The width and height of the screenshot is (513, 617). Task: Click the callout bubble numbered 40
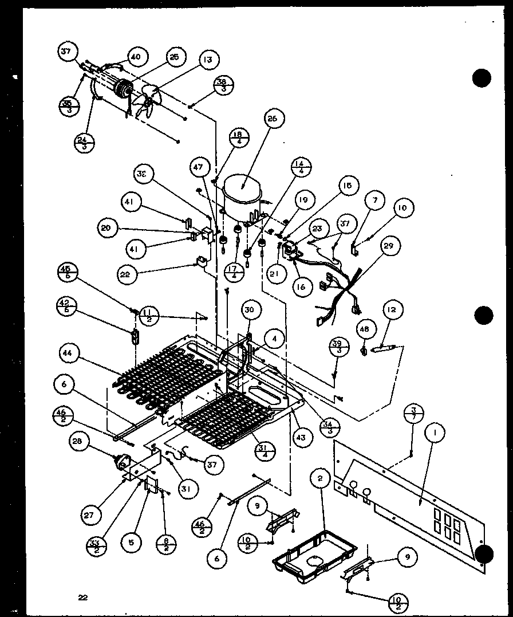pyautogui.click(x=135, y=57)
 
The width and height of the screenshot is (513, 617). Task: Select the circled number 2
pyautogui.click(x=321, y=478)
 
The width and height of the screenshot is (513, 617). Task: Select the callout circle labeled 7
pyautogui.click(x=376, y=201)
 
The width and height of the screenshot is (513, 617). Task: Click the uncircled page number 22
pyautogui.click(x=83, y=598)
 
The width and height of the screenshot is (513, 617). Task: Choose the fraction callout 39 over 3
pyautogui.click(x=337, y=347)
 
